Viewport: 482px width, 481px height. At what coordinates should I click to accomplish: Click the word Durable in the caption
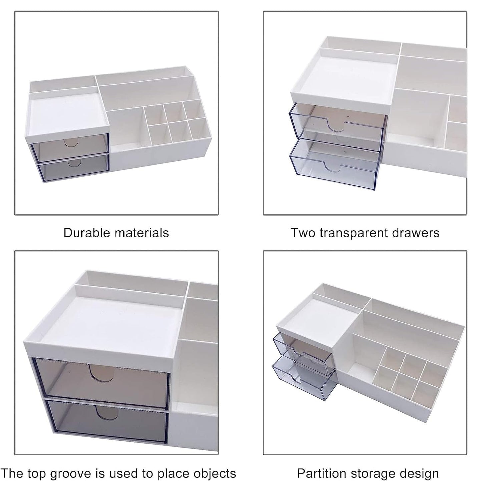[x=82, y=233]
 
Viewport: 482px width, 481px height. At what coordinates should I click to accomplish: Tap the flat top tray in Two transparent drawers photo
[x=342, y=78]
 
